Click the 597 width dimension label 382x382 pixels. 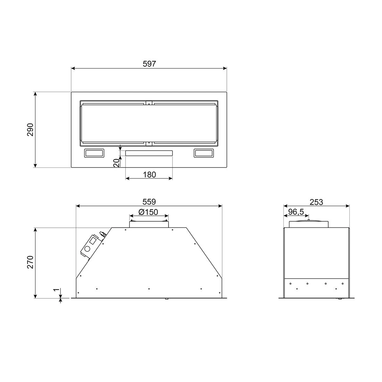tap(150, 64)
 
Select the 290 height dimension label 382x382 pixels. tap(31, 130)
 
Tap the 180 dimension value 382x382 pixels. tap(150, 175)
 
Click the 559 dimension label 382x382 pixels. tap(150, 202)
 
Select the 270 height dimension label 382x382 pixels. tap(31, 262)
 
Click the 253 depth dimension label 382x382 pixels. tap(316, 202)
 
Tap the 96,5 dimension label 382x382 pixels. tap(296, 212)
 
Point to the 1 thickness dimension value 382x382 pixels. tap(55, 290)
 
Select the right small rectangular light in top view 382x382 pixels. tap(205, 153)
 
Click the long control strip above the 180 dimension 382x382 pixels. tap(149, 153)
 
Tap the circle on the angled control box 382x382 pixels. tap(87, 249)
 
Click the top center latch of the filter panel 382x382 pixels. tap(149, 103)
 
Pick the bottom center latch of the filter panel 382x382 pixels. tap(149, 143)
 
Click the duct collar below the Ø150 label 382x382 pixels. tap(149, 224)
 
